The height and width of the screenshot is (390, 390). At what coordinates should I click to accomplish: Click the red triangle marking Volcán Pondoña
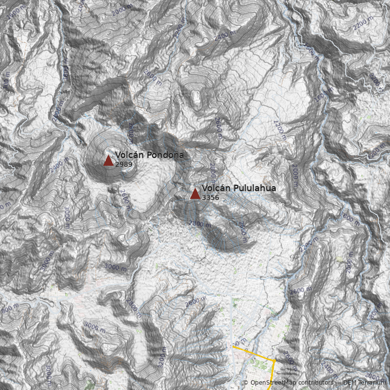pos(108,160)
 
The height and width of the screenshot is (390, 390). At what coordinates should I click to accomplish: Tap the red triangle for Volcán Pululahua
pos(195,194)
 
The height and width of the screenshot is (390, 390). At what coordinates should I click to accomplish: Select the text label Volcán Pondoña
pos(150,155)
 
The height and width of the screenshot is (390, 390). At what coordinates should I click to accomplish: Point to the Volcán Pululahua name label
pos(239,188)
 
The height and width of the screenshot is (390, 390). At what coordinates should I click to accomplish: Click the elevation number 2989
pos(124,164)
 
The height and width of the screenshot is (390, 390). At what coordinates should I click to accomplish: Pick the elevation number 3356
pos(211,197)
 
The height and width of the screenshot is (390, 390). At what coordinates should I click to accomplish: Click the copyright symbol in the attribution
pos(246,383)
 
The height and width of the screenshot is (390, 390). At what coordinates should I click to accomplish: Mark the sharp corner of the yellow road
pos(274,361)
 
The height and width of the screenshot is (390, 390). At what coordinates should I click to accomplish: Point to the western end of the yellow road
pos(233,348)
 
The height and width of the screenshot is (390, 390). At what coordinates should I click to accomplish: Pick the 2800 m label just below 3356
pos(200,224)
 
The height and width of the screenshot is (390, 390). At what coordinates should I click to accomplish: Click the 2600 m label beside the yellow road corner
pos(289,358)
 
